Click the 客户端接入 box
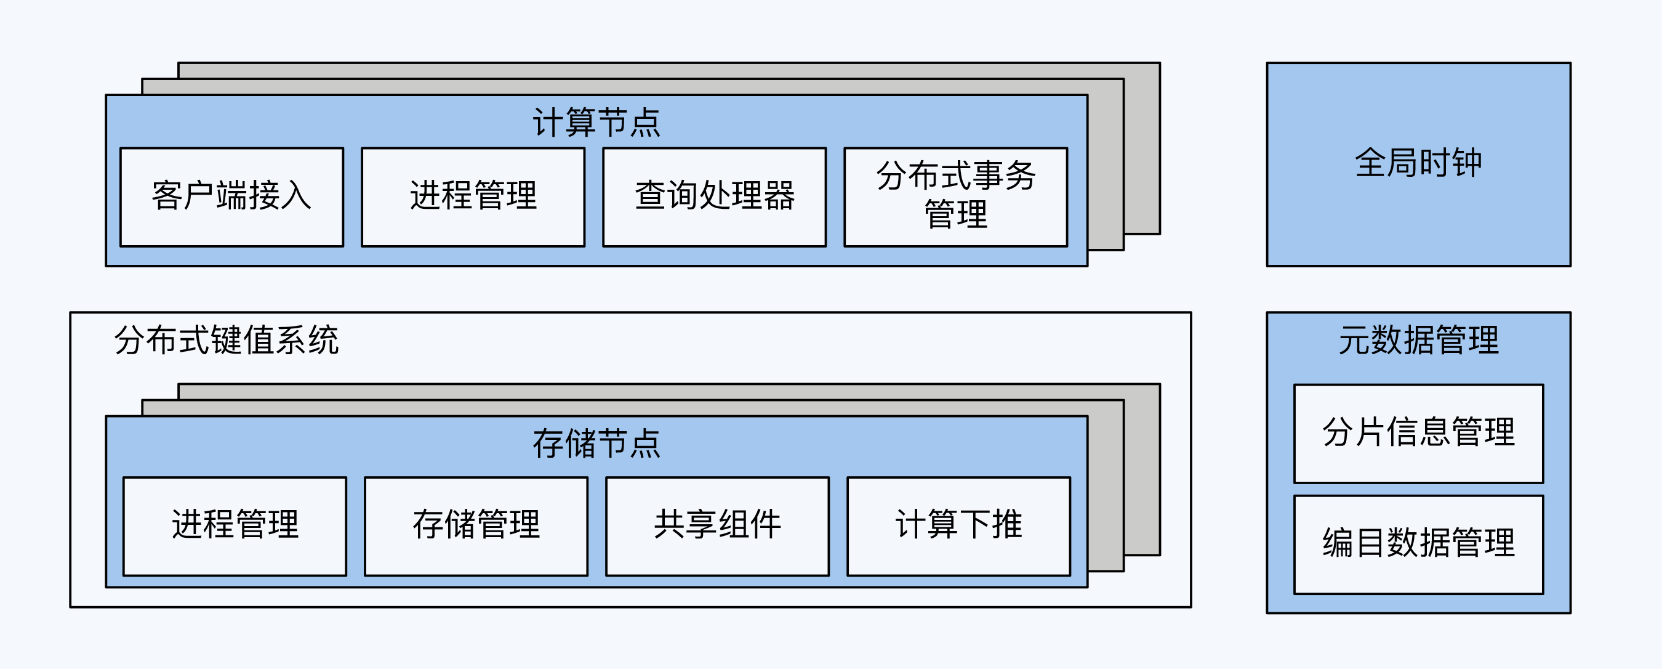[231, 197]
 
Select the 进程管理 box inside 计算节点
[473, 197]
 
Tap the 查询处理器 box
[714, 197]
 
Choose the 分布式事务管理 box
[955, 197]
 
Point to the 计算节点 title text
[597, 123]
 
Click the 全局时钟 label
[1418, 163]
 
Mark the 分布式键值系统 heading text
[227, 340]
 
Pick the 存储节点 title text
[597, 444]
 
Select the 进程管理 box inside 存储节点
[235, 525]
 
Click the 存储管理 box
[476, 525]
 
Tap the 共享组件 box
[718, 525]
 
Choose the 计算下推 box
[959, 525]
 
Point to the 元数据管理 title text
[1418, 340]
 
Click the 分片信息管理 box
[1418, 433]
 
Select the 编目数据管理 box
[1418, 544]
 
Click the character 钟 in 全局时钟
[1466, 163]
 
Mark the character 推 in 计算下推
[1007, 524]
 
